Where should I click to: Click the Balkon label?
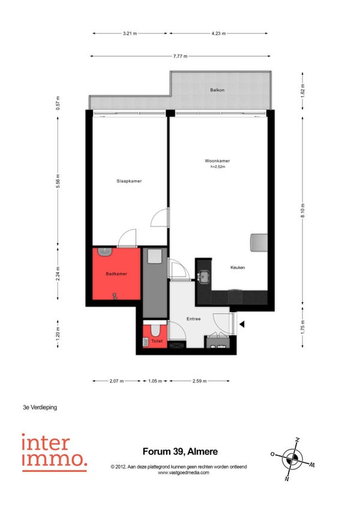click(217, 90)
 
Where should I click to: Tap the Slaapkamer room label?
click(129, 181)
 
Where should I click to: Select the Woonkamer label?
click(217, 161)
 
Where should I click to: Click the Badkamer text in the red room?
click(116, 274)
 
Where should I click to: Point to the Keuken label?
click(238, 268)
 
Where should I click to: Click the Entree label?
click(193, 319)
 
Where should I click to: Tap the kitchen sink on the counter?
click(204, 277)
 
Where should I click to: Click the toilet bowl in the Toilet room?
click(155, 331)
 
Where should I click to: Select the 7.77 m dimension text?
click(180, 56)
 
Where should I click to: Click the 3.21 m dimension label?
click(130, 33)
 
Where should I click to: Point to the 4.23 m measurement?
click(218, 33)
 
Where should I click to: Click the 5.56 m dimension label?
click(58, 181)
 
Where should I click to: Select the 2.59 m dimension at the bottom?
click(199, 381)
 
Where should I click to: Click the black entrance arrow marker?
click(242, 324)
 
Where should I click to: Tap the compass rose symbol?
click(293, 459)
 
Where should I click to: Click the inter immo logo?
click(55, 453)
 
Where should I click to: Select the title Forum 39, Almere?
click(180, 451)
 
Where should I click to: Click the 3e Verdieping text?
click(40, 407)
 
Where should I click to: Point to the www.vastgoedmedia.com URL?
click(184, 472)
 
